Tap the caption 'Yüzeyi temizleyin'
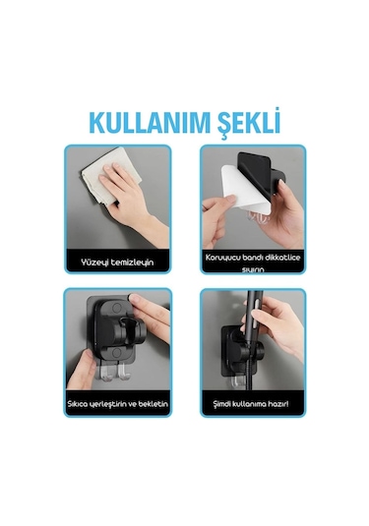tap(117, 263)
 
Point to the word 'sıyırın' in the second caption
tap(253, 268)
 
